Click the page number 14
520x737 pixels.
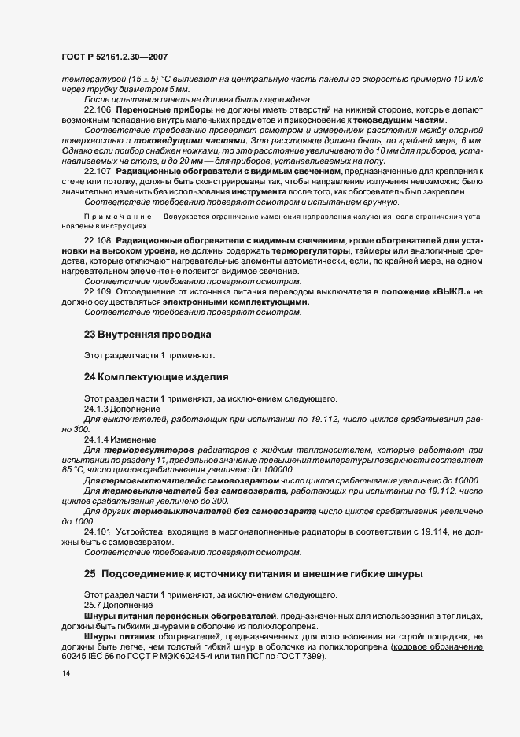tap(66, 674)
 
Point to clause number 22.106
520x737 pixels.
tap(98, 109)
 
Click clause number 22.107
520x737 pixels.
tap(98, 171)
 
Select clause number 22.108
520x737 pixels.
tap(98, 239)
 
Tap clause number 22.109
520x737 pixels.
tap(98, 291)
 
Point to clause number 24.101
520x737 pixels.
tap(98, 532)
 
